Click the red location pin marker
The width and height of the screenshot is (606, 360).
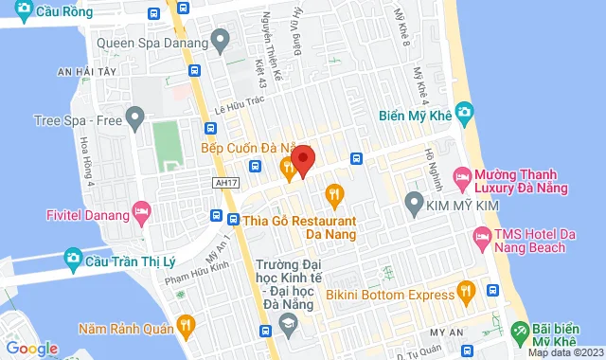[302, 159]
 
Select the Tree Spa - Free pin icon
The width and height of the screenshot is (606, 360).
[134, 119]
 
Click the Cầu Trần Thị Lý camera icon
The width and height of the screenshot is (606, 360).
[72, 258]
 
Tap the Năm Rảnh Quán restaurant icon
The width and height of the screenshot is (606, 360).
[185, 327]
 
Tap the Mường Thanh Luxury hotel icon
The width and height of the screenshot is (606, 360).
[461, 176]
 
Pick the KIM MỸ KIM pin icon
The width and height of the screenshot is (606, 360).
[413, 201]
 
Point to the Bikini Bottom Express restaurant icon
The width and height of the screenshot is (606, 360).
[464, 291]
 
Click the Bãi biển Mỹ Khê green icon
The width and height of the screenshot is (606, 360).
[518, 333]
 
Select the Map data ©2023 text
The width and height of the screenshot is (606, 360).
[562, 353]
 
